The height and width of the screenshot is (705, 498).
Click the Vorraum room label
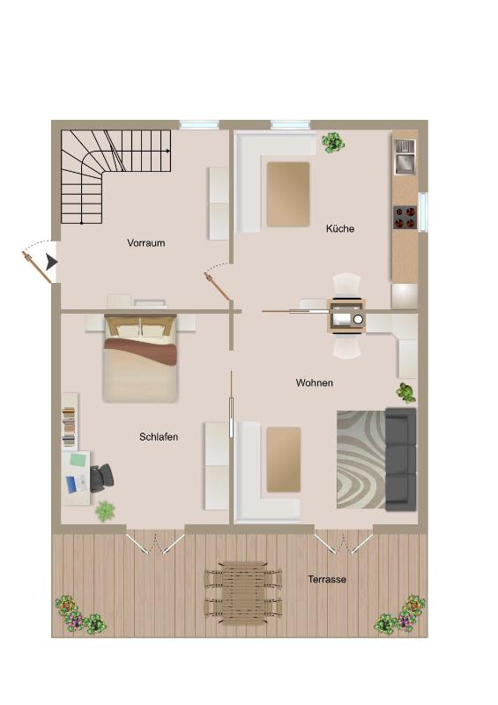(x=145, y=243)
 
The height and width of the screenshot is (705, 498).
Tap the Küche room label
(x=340, y=229)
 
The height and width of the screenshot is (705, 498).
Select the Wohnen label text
(x=314, y=383)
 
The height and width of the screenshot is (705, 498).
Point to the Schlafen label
(x=159, y=437)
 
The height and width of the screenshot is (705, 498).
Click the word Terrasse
(x=327, y=580)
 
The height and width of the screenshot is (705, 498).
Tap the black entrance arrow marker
(x=51, y=262)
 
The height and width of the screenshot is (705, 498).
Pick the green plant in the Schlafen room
(x=105, y=510)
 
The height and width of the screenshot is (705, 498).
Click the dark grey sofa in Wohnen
(x=401, y=459)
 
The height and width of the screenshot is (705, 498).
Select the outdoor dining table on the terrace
(x=242, y=593)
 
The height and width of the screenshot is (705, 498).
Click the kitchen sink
(x=405, y=163)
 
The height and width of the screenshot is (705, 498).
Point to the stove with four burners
(x=405, y=217)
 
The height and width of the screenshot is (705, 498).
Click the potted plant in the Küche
(x=333, y=142)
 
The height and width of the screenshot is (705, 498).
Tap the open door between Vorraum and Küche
(x=217, y=286)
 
